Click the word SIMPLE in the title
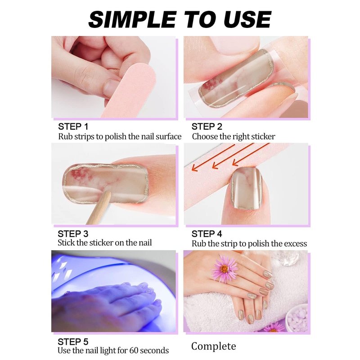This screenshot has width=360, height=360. (132, 19)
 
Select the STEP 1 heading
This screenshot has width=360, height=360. (73, 126)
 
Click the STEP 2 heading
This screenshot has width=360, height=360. (207, 126)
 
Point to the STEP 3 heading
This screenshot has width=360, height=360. (73, 234)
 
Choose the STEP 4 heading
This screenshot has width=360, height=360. (207, 234)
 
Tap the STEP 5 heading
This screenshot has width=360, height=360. (73, 342)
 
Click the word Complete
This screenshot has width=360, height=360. (213, 346)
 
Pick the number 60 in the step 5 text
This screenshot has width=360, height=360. (134, 351)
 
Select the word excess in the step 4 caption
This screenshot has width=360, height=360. (296, 243)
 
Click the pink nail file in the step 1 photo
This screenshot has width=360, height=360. (130, 90)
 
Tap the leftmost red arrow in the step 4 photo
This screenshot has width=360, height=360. (213, 158)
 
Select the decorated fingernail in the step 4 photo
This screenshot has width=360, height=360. (246, 188)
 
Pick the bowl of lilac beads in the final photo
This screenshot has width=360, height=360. (297, 317)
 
